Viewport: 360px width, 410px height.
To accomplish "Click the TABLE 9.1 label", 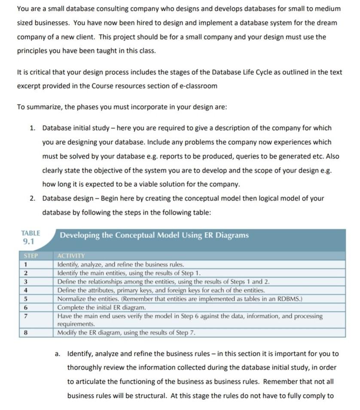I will pyautogui.click(x=31, y=237).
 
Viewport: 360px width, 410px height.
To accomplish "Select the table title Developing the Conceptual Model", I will pyautogui.click(x=154, y=235).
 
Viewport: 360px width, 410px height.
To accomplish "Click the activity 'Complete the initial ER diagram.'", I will pyautogui.click(x=101, y=307).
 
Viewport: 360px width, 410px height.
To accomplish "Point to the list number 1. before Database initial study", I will pyautogui.click(x=33, y=128).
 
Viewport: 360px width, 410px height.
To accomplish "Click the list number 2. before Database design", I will pyautogui.click(x=33, y=198).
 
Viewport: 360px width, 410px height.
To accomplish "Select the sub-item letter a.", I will pyautogui.click(x=58, y=354).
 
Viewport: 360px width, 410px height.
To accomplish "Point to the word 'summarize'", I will pyautogui.click(x=44, y=107).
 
